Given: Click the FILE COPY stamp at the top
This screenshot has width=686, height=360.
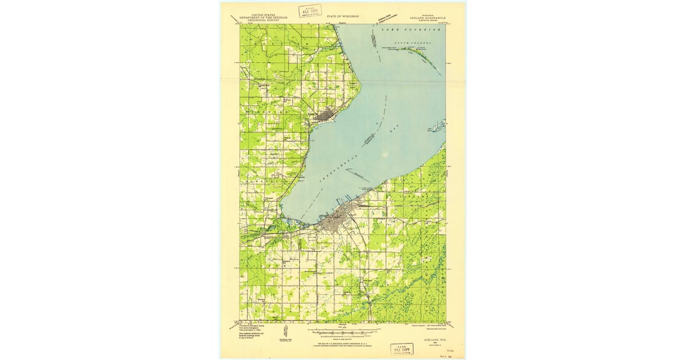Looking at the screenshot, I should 310,11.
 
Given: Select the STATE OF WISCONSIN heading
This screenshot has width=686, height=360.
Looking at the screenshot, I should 343,17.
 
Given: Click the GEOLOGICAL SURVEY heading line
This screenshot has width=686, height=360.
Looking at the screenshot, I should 262,20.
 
